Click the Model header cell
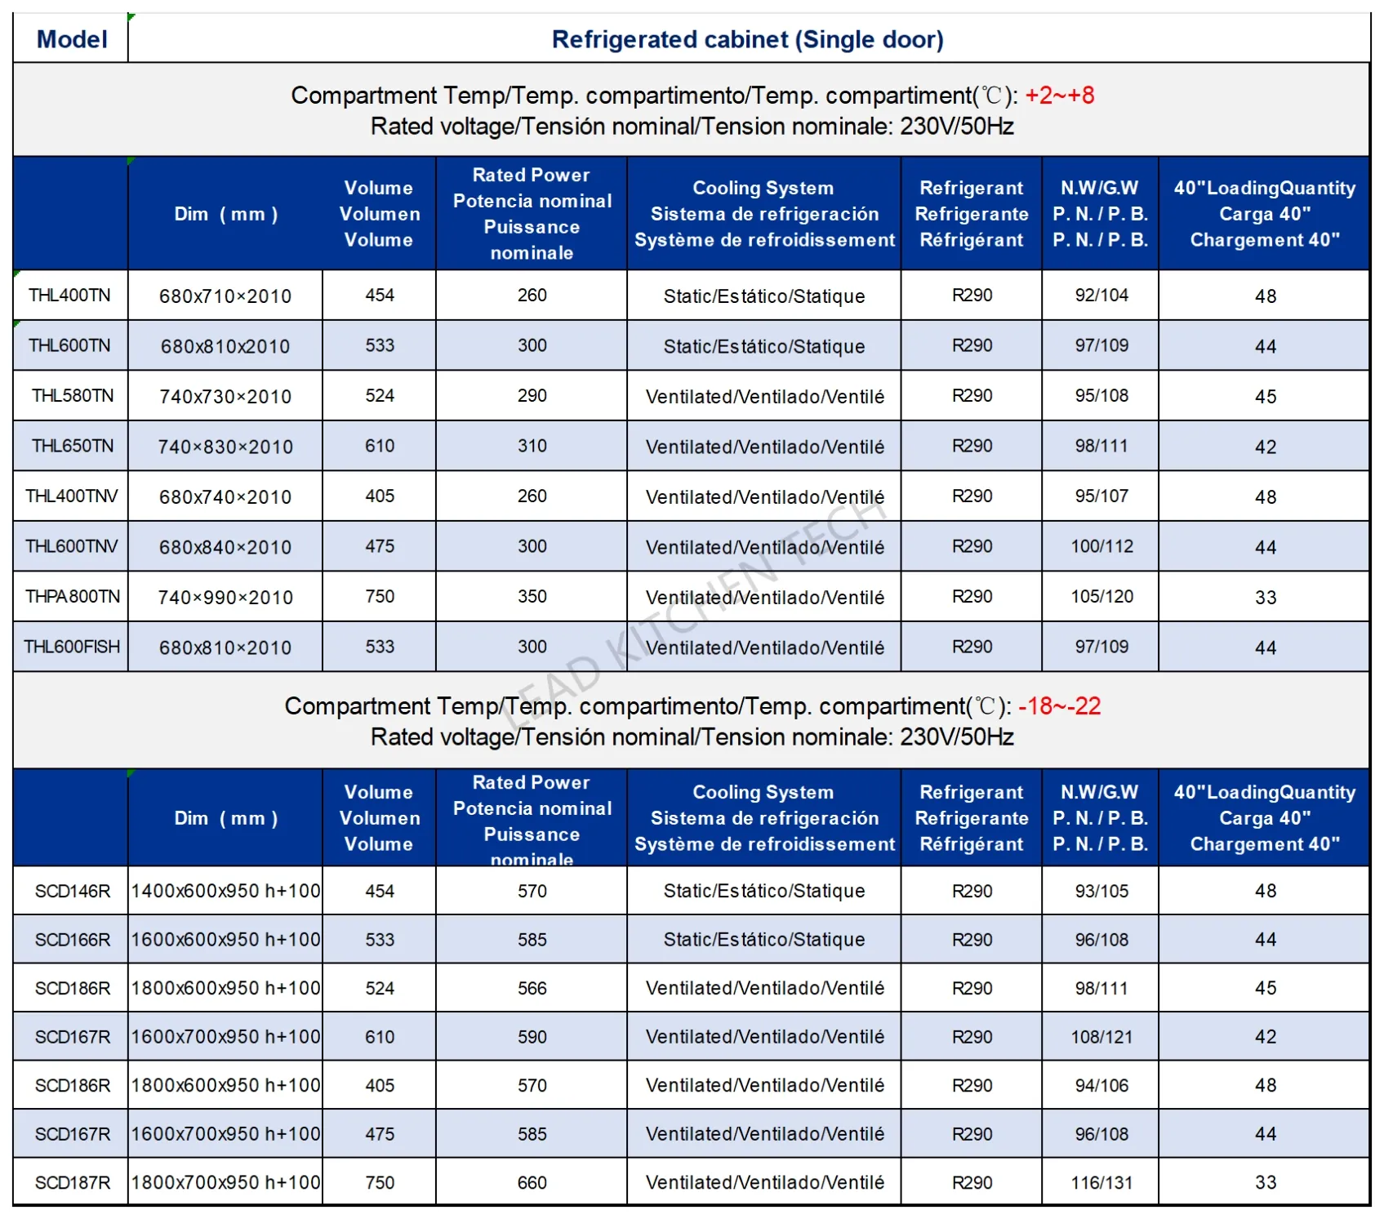coord(72,39)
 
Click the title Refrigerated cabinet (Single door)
coord(747,39)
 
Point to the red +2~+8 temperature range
coord(1059,96)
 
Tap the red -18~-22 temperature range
coord(1059,706)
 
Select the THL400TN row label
coord(69,296)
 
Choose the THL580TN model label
coord(73,396)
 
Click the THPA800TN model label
coord(73,597)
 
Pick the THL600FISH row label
coord(72,647)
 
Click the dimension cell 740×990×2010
coord(225,598)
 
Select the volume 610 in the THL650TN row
coord(380,447)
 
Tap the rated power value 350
coord(532,597)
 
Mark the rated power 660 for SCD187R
coord(532,1183)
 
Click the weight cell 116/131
coord(1101,1183)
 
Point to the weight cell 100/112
coord(1102,547)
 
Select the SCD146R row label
coord(73,892)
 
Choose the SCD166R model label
coord(73,940)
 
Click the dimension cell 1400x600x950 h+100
coord(226,892)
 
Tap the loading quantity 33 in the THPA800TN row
coord(1266,598)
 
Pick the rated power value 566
coord(532,989)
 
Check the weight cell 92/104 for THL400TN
coord(1101,296)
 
